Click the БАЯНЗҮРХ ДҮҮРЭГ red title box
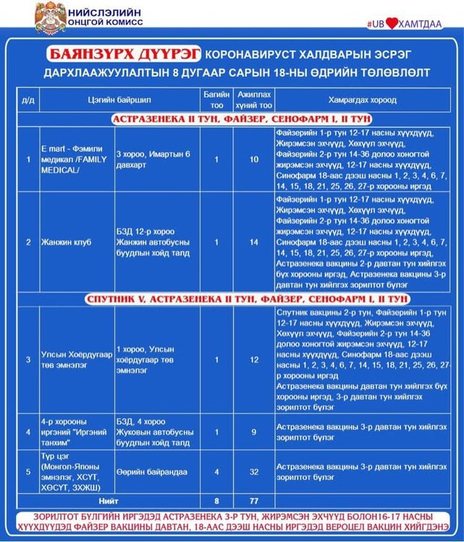[x=125, y=55]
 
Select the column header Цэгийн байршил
[x=109, y=100]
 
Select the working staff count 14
[x=253, y=241]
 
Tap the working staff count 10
[x=253, y=160]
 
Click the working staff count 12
[x=253, y=359]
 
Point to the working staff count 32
[x=253, y=472]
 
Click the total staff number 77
[x=253, y=499]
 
